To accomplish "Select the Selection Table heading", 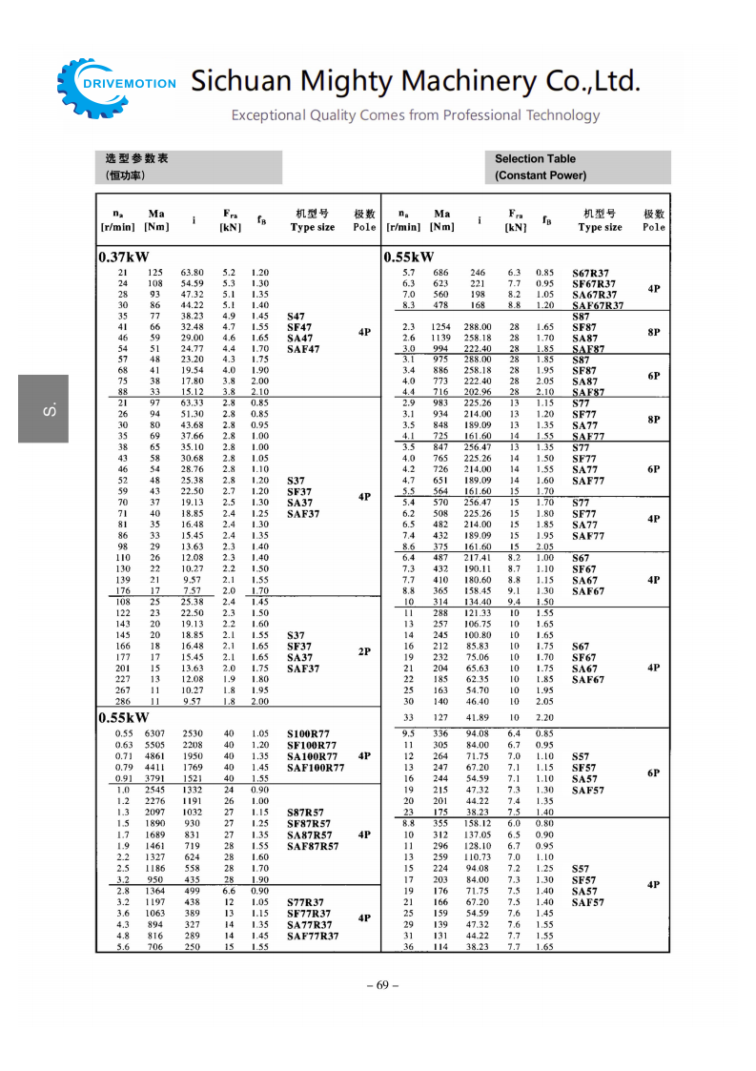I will click(x=535, y=159).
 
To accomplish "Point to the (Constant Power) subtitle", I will click(x=541, y=175).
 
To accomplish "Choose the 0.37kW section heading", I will click(x=124, y=257).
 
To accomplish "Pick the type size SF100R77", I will click(x=311, y=745).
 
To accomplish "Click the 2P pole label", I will click(x=364, y=651).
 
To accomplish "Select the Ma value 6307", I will click(x=154, y=733).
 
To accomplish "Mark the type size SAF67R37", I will click(x=598, y=306).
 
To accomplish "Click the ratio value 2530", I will click(x=193, y=733).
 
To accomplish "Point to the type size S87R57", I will click(x=306, y=813).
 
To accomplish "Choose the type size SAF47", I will click(x=303, y=350).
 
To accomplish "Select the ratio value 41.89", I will click(x=478, y=717).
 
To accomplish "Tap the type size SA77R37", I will click(x=310, y=925).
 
